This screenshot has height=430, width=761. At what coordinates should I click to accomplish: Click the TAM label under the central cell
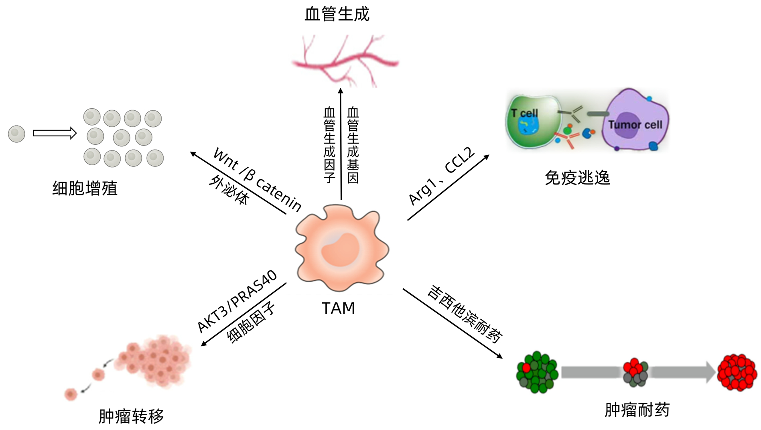tap(338, 308)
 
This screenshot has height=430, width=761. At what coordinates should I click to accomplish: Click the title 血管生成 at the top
tap(337, 14)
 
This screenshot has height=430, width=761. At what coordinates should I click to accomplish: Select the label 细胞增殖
tap(85, 188)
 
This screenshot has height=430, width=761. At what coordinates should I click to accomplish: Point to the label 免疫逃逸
tap(577, 178)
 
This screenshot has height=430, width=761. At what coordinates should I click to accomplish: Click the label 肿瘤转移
tap(131, 416)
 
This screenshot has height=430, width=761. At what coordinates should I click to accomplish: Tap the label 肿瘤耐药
tap(637, 410)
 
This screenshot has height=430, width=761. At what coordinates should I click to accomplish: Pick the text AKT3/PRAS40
tap(237, 301)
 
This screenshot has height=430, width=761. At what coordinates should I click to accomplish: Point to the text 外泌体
tap(229, 191)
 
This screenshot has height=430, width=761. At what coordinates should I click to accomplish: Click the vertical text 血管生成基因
tap(353, 145)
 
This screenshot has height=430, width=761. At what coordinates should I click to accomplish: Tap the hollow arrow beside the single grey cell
tap(55, 133)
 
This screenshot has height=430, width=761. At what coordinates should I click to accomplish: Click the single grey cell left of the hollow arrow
tap(16, 134)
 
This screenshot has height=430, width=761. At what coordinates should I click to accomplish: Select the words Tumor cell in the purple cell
tap(635, 125)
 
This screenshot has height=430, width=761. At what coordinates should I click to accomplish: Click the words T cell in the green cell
tap(524, 113)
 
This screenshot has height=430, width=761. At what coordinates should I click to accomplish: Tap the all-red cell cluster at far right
tap(737, 373)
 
